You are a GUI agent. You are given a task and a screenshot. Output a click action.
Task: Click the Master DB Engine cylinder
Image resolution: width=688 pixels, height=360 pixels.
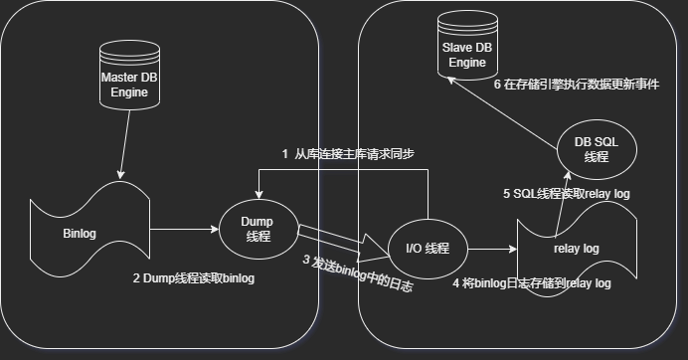pos(129,75)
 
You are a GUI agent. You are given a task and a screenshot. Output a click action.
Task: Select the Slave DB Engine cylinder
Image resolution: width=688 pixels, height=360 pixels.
pos(467,45)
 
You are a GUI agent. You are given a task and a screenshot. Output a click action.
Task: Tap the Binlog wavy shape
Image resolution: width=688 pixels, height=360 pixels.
pos(89,230)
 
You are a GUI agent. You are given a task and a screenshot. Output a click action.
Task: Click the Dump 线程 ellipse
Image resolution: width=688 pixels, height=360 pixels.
pos(258,229)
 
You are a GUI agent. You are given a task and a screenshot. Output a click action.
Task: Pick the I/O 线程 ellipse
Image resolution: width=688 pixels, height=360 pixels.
pos(428,249)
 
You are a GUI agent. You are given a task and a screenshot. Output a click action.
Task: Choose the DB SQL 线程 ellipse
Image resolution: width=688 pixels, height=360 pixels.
pos(597,150)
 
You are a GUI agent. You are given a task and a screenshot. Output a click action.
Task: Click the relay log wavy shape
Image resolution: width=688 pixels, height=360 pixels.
pos(577,249)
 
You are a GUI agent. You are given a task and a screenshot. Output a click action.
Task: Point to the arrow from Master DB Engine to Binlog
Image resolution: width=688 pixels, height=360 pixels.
pos(125,144)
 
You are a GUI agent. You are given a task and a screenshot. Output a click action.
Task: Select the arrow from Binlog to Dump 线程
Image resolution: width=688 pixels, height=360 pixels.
pos(184,229)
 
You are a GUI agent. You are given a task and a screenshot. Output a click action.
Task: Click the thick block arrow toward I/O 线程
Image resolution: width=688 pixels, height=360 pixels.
pos(344,243)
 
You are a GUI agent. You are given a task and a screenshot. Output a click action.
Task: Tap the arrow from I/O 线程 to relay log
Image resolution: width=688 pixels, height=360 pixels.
pos(492,249)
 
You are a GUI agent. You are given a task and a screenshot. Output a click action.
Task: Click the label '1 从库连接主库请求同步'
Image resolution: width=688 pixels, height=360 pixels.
pos(348,154)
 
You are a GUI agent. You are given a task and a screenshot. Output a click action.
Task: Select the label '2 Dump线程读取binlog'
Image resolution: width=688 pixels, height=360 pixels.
pos(194,278)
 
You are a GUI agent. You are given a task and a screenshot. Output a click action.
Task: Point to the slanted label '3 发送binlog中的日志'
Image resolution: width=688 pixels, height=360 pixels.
pos(358,273)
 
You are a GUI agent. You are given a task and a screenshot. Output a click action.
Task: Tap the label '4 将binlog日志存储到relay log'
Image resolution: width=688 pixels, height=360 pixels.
pos(532,283)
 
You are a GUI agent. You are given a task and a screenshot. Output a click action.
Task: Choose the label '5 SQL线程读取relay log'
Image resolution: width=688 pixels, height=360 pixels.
pos(567,194)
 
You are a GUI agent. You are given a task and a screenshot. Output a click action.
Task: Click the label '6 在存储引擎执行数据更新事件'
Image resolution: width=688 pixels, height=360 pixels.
pos(577,85)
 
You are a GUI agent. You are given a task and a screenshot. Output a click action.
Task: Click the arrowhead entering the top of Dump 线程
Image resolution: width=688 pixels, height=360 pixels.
pos(258,195)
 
